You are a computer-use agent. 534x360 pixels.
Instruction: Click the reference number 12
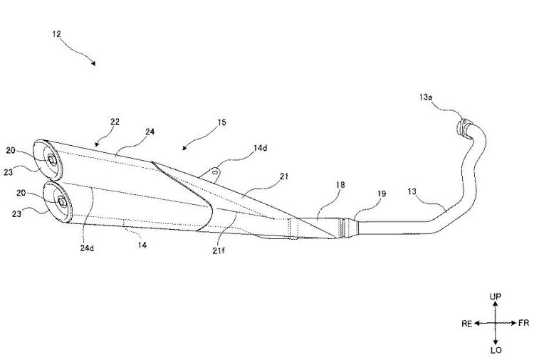pyautogui.click(x=56, y=34)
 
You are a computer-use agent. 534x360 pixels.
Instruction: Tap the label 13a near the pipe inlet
pyautogui.click(x=426, y=97)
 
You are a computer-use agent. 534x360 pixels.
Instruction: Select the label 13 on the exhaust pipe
pyautogui.click(x=412, y=191)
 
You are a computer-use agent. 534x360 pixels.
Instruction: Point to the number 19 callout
pyautogui.click(x=382, y=194)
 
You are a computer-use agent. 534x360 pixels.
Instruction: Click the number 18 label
pyautogui.click(x=340, y=185)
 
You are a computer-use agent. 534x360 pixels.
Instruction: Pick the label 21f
pyautogui.click(x=219, y=250)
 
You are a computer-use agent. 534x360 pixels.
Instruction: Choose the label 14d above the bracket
pyautogui.click(x=261, y=148)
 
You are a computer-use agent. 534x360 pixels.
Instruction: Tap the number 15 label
pyautogui.click(x=221, y=122)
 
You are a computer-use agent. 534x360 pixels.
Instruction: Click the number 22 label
pyautogui.click(x=115, y=122)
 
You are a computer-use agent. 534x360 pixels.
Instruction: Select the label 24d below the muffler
pyautogui.click(x=87, y=248)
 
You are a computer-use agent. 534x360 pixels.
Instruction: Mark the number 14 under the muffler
pyautogui.click(x=142, y=245)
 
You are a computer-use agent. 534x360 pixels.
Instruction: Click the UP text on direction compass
pyautogui.click(x=496, y=297)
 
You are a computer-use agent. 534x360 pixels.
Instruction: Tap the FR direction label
pyautogui.click(x=524, y=323)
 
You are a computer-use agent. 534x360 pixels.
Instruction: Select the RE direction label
pyautogui.click(x=467, y=324)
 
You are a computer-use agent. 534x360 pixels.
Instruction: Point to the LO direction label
pyautogui.click(x=496, y=350)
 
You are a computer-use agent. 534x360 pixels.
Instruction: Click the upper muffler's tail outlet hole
pyautogui.click(x=52, y=159)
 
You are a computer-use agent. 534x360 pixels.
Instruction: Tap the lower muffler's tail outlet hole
pyautogui.click(x=62, y=202)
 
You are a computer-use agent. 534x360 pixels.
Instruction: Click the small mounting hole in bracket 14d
pyautogui.click(x=215, y=172)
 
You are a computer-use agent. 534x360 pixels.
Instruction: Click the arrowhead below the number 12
pyautogui.click(x=94, y=63)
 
